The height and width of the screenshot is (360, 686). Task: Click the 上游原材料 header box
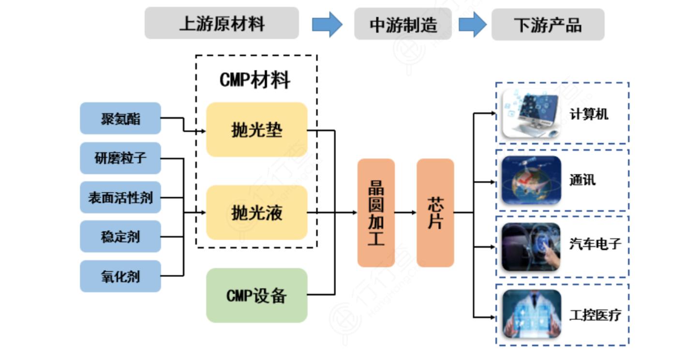click(x=222, y=23)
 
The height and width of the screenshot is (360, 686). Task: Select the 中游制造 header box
click(x=403, y=24)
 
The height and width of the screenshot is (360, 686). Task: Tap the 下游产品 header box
click(x=548, y=24)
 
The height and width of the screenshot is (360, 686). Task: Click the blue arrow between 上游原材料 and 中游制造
click(x=327, y=24)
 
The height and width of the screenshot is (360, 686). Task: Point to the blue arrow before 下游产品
click(x=472, y=24)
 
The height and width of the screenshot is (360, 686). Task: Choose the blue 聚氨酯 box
click(x=120, y=118)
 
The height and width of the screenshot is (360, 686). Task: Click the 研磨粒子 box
click(x=120, y=158)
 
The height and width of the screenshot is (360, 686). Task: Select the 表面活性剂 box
click(x=120, y=197)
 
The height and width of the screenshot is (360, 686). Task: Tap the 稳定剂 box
click(x=120, y=237)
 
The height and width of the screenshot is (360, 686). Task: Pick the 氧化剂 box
click(x=120, y=276)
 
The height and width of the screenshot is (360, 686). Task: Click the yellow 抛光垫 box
click(x=257, y=130)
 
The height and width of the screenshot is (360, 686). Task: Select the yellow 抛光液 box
click(x=257, y=212)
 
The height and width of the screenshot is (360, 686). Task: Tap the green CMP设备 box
click(x=257, y=295)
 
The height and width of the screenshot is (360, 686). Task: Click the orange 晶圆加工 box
click(x=376, y=213)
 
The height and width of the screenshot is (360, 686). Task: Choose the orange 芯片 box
click(x=435, y=213)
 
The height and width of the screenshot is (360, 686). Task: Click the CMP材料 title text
click(x=255, y=80)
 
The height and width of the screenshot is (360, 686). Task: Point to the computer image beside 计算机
click(x=531, y=114)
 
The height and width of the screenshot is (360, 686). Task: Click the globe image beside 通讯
click(x=531, y=180)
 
